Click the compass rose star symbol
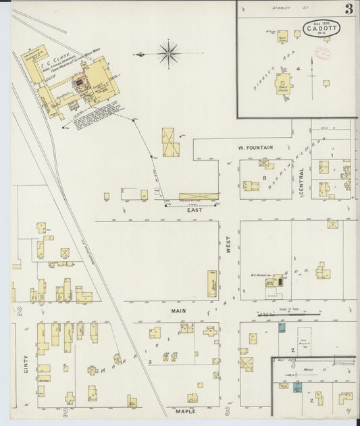pos(168,53)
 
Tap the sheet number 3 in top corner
pos(349,9)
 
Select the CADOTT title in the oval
pos(322,28)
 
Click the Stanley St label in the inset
pos(281,7)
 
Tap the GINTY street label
pos(26,365)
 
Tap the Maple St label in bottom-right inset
pos(309,369)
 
